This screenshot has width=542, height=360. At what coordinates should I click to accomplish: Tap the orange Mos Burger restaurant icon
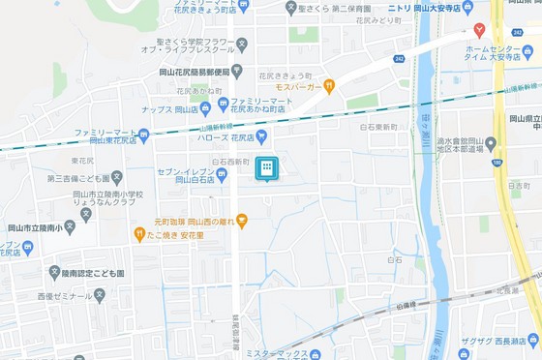click(x=329, y=85)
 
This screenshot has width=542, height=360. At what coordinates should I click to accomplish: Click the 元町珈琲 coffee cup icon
click(x=243, y=221)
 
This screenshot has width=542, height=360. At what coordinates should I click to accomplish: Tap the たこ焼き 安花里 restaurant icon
click(x=139, y=234)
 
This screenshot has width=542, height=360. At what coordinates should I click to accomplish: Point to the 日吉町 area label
click(x=518, y=184)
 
